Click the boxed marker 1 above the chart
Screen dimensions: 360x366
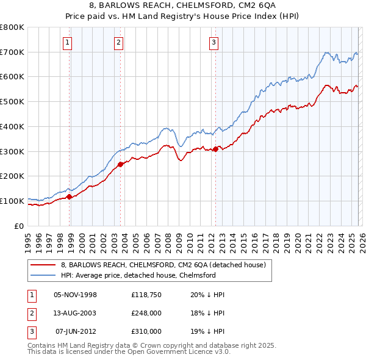(66, 42)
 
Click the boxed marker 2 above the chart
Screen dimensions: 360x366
(118, 42)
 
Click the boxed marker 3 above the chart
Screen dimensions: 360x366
(214, 42)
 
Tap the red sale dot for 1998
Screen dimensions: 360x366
(70, 196)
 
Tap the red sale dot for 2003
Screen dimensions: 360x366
(120, 164)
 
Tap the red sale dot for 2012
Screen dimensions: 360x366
(215, 149)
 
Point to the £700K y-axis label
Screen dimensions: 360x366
(12, 52)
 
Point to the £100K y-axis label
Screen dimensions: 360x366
(12, 201)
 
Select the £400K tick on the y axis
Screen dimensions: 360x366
(12, 126)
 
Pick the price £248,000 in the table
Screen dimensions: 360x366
(146, 313)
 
